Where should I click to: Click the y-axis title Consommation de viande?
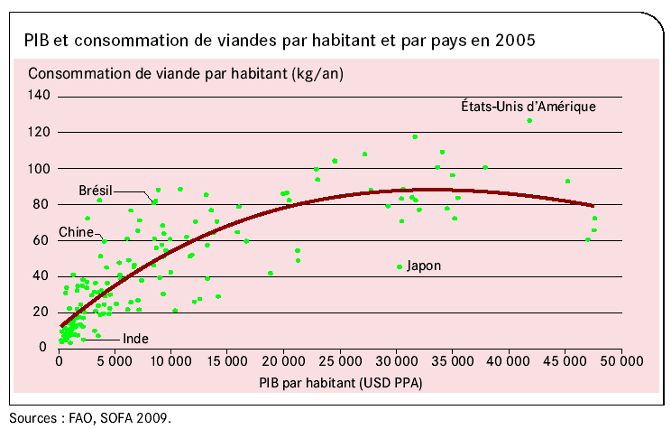click(186, 73)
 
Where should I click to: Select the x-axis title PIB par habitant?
click(339, 382)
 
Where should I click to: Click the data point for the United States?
click(529, 121)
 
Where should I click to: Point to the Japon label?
click(423, 266)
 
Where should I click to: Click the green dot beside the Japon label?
click(400, 266)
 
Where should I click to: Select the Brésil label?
click(96, 191)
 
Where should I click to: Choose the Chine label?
click(77, 232)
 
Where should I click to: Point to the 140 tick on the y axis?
click(41, 96)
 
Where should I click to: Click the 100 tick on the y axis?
click(41, 168)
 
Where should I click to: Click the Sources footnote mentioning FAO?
click(89, 417)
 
